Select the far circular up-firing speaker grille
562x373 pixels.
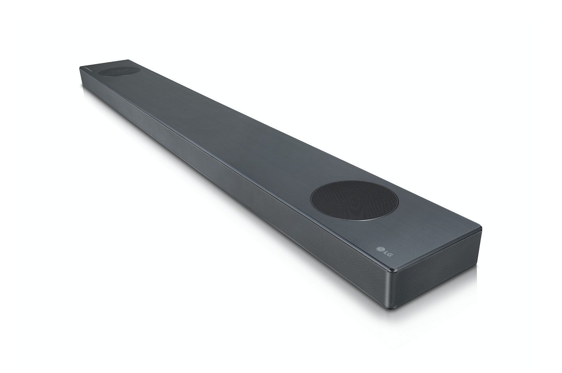[119, 71]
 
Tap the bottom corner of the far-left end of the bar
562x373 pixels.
[82, 84]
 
